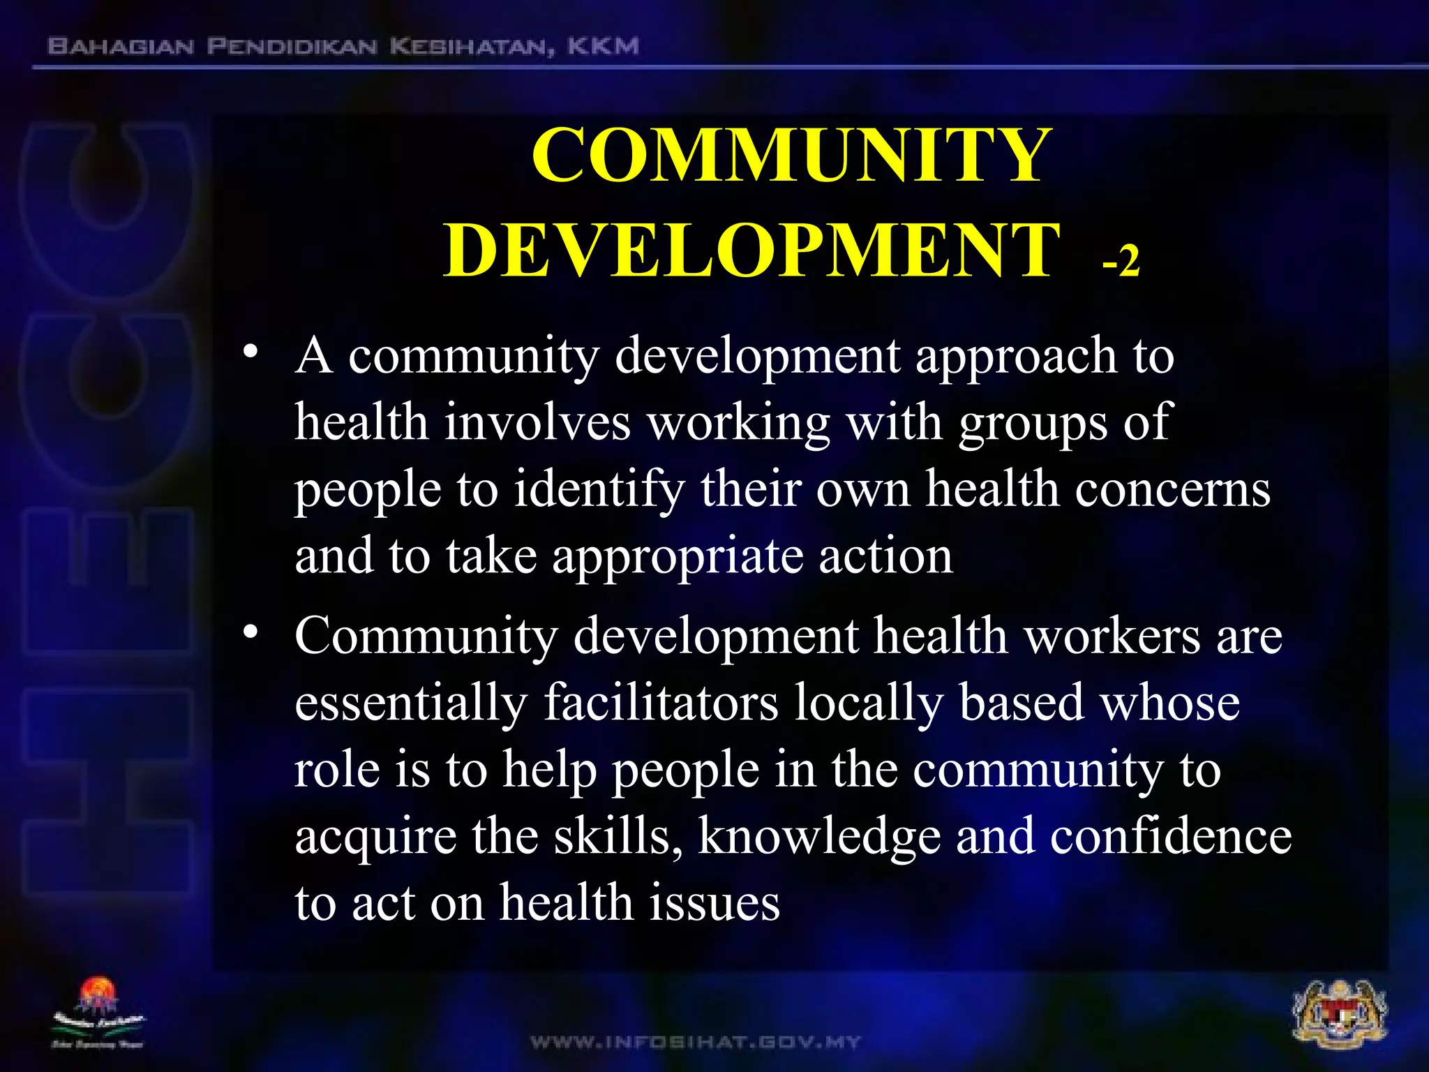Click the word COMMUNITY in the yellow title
pos(791,156)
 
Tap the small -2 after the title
pos(1121,261)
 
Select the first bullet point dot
pos(251,351)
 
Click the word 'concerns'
pos(1172,490)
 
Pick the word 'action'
pos(885,557)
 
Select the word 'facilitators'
pos(661,703)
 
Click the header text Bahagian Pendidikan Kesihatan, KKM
pos(343,47)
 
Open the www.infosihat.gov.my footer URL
pos(696,1043)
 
